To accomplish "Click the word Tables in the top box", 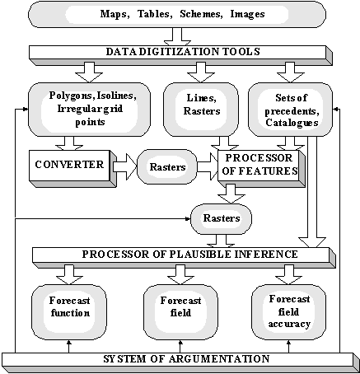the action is [x=155, y=14].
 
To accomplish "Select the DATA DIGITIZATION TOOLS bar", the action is [x=180, y=55].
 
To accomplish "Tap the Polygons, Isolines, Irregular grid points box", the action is [x=89, y=110].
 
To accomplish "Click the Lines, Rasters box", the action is [x=201, y=110].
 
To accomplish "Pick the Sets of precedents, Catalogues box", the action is [x=290, y=110].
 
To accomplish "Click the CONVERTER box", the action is [x=72, y=169].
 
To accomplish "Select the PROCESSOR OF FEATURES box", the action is [x=261, y=169].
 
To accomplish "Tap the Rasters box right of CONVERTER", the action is [x=167, y=166].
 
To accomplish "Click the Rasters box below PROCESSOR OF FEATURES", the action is [x=221, y=219].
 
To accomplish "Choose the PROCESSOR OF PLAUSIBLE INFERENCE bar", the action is [x=184, y=258].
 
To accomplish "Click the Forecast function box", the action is [x=69, y=312].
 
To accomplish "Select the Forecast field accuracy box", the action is [x=289, y=312].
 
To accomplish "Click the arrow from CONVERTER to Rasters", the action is [x=125, y=166].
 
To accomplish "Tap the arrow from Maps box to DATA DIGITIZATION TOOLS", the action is [x=177, y=36].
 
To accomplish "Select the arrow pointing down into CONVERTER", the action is [x=69, y=143].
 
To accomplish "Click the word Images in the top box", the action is [x=247, y=14].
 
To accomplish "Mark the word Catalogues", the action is [x=292, y=123].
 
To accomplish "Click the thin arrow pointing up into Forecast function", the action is [x=69, y=346].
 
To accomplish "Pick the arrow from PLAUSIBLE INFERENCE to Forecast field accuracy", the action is [x=289, y=275].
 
